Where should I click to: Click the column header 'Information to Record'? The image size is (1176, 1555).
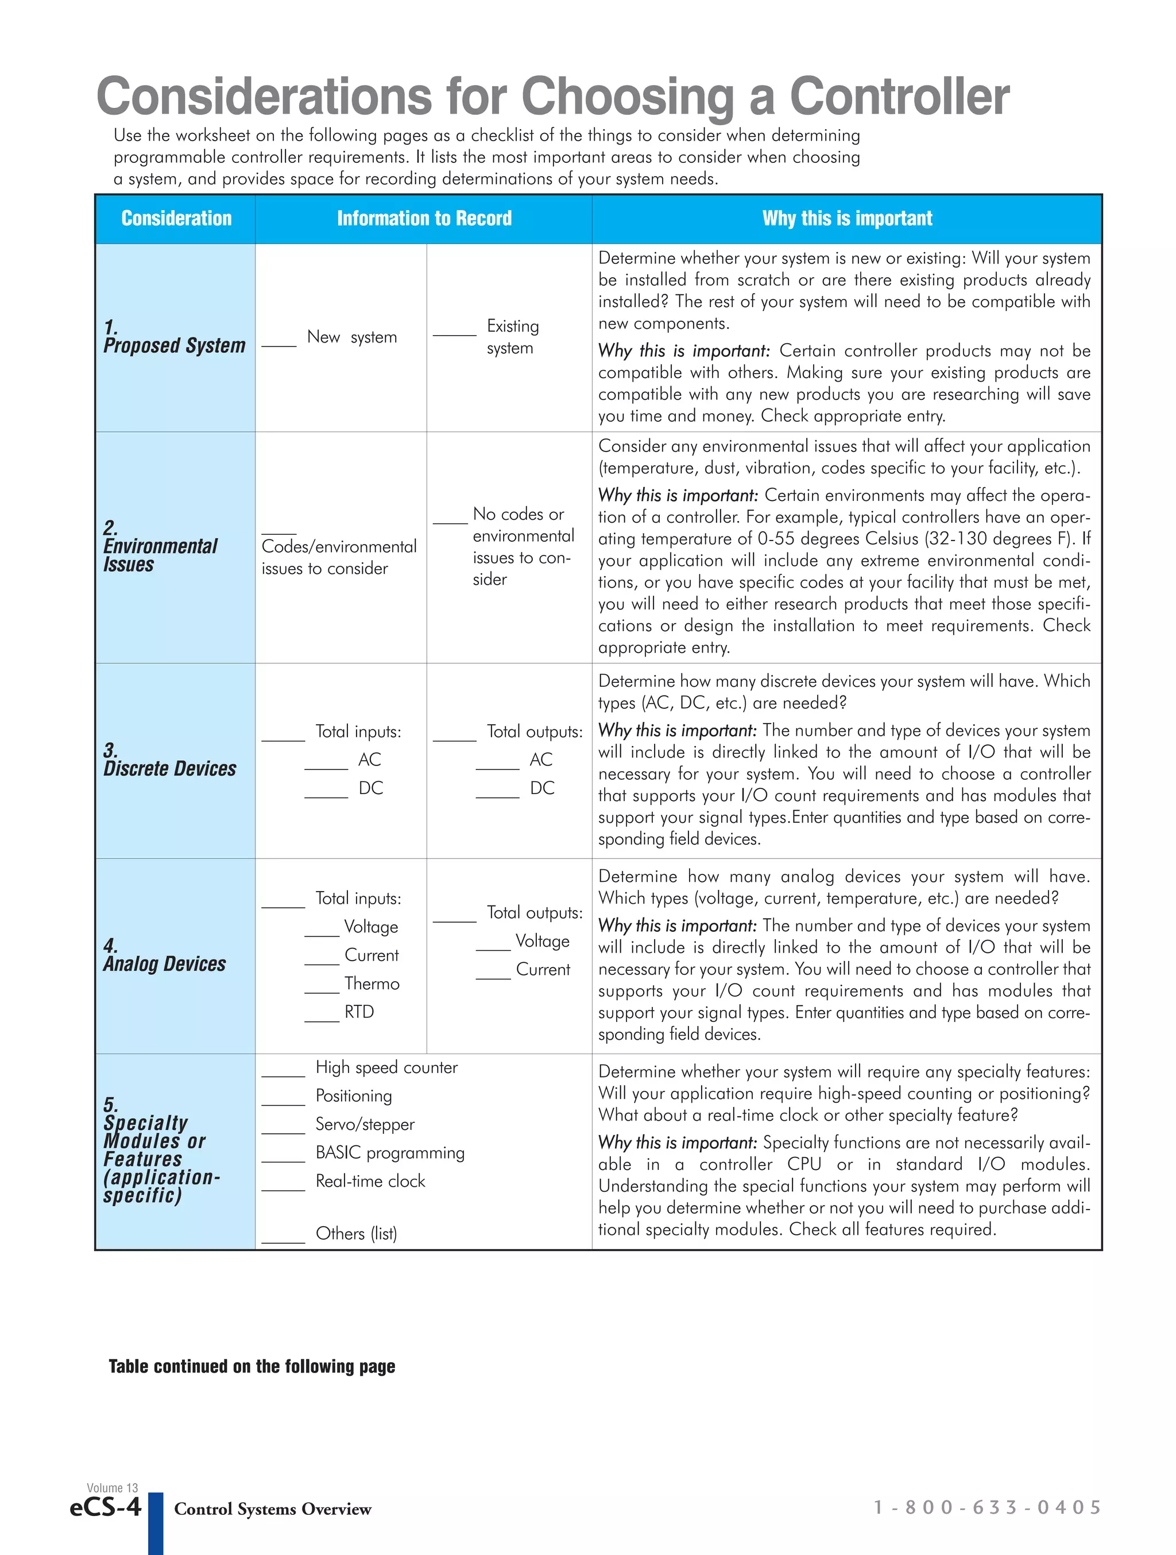(x=424, y=219)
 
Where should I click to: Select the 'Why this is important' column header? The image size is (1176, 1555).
(x=847, y=219)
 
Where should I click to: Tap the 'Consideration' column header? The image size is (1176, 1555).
(x=176, y=219)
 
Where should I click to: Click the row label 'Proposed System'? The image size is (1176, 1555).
(x=175, y=345)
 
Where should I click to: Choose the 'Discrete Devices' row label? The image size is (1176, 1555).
(x=169, y=768)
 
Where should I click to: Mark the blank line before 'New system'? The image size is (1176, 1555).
(x=279, y=344)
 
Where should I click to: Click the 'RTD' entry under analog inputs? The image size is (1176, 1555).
(x=359, y=1012)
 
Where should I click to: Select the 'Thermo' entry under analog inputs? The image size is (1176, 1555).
(x=372, y=983)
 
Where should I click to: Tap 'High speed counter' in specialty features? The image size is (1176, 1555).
(x=386, y=1067)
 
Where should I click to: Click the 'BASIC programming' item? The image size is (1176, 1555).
(x=390, y=1152)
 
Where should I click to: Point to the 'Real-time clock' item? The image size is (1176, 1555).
(x=370, y=1181)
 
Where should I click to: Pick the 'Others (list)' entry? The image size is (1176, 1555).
(x=356, y=1233)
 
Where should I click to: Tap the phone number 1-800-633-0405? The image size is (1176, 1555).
(x=987, y=1507)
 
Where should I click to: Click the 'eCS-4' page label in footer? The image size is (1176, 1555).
(x=106, y=1507)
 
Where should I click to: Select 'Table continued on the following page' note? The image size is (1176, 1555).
(x=252, y=1367)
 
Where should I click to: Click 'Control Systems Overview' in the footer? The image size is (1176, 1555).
(x=272, y=1509)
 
